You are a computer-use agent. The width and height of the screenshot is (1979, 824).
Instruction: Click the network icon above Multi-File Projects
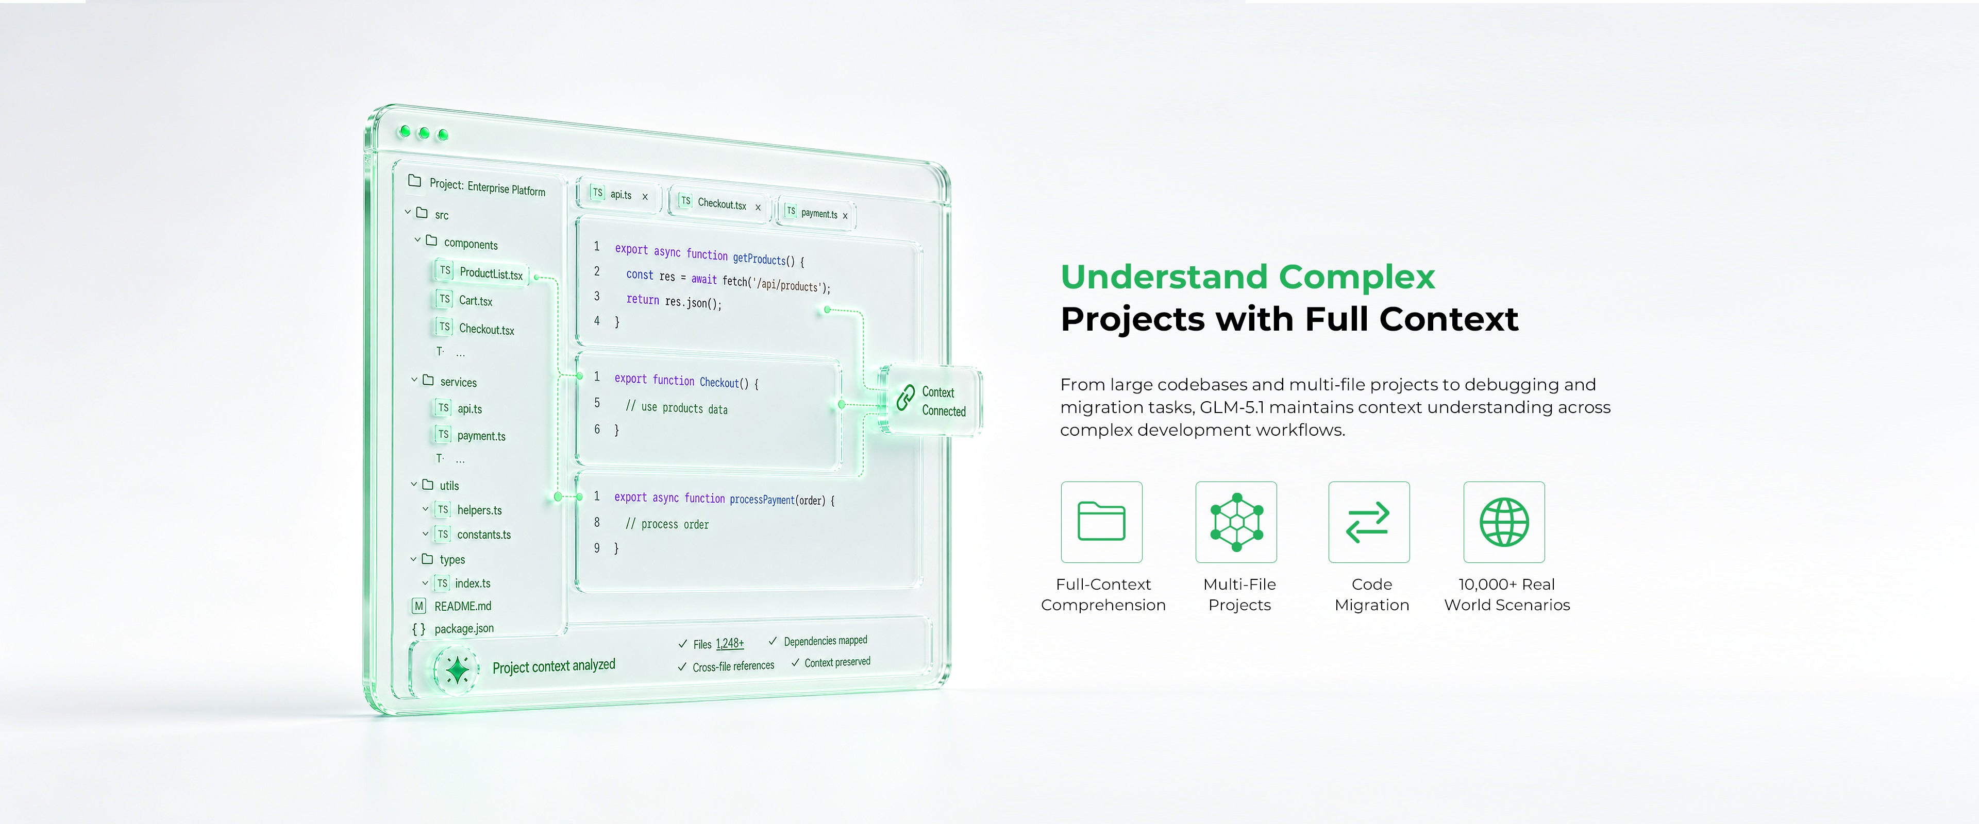click(x=1236, y=522)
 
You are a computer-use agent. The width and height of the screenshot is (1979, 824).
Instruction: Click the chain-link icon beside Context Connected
click(x=906, y=398)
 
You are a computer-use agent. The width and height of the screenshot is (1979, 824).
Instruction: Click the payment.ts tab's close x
click(x=845, y=216)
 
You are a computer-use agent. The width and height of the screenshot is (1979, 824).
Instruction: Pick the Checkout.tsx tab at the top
click(x=722, y=203)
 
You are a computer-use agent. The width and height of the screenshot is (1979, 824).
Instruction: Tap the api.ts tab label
click(x=620, y=195)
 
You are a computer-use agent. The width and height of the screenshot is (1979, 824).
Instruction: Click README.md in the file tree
click(x=462, y=606)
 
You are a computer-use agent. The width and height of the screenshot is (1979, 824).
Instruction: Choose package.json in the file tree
click(x=464, y=628)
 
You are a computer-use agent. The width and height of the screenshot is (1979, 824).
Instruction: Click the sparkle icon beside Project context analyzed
click(x=457, y=669)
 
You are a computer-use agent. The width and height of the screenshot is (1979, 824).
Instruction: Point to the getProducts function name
click(x=759, y=259)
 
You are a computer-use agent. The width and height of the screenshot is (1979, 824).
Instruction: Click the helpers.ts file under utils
click(x=479, y=510)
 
